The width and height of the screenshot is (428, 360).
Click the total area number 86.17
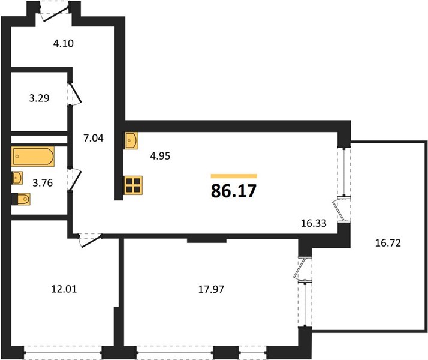point(234,191)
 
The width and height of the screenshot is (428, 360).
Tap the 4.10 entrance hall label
point(64,43)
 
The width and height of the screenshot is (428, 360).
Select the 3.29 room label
point(39,98)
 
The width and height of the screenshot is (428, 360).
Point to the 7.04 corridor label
point(94,138)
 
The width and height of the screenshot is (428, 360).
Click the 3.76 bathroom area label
point(43,182)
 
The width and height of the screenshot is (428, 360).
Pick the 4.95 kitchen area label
point(160,155)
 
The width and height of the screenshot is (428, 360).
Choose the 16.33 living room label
point(314,223)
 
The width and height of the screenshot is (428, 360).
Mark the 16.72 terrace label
point(388,242)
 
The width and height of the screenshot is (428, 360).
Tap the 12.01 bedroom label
point(64,289)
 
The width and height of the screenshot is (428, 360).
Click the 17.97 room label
point(211,289)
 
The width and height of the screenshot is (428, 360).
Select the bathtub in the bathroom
point(33,157)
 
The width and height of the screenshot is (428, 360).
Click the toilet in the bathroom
point(21,199)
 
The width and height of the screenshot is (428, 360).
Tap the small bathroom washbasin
point(17,178)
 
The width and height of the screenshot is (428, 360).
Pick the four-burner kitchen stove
point(133,185)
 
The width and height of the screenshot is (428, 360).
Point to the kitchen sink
point(131,140)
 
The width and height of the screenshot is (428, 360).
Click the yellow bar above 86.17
point(234,176)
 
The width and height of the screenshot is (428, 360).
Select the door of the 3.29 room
point(74,94)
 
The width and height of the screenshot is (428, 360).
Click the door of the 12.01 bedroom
point(90,241)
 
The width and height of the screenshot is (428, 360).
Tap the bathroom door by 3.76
point(74,179)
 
